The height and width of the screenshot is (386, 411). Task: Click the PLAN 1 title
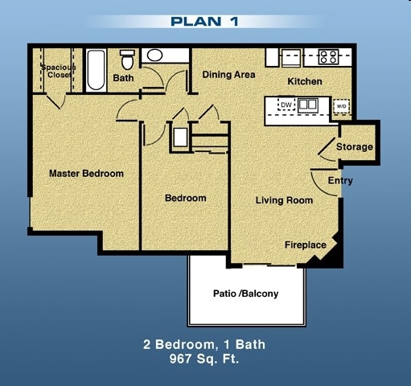click(x=204, y=21)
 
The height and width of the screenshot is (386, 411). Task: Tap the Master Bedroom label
click(x=86, y=174)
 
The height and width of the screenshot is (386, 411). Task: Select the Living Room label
click(x=284, y=200)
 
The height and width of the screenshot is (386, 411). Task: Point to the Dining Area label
click(x=229, y=75)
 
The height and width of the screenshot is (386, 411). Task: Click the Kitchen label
click(x=305, y=82)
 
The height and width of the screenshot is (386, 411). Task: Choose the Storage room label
click(x=354, y=147)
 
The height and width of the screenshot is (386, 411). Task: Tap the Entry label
click(x=340, y=182)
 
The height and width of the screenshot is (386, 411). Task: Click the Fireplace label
click(x=306, y=244)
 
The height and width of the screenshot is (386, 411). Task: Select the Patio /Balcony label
click(x=245, y=294)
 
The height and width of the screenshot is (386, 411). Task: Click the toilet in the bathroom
click(x=126, y=60)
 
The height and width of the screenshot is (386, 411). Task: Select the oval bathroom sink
click(x=154, y=55)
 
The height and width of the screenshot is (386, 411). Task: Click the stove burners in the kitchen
click(x=327, y=57)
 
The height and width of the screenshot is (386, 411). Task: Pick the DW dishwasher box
click(x=286, y=105)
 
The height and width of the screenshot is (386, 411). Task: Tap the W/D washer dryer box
click(x=341, y=106)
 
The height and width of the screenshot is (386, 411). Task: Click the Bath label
click(x=123, y=78)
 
